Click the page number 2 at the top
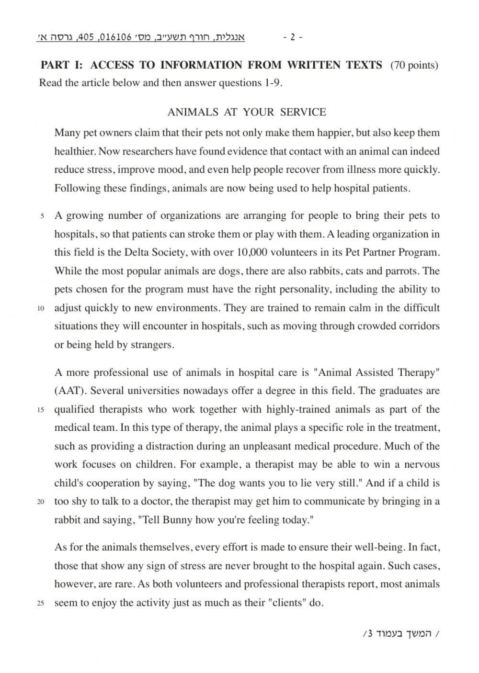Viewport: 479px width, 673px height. pyautogui.click(x=293, y=37)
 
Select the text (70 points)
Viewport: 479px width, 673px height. pyautogui.click(x=414, y=65)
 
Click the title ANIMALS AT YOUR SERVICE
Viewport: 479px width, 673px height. pyautogui.click(x=247, y=112)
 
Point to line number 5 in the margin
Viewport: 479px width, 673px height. pyautogui.click(x=42, y=216)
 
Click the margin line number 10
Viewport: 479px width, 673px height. pyautogui.click(x=41, y=308)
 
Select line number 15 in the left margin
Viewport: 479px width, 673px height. pyautogui.click(x=41, y=410)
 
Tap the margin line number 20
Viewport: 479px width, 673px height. pyautogui.click(x=41, y=502)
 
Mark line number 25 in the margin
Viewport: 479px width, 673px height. pyautogui.click(x=41, y=603)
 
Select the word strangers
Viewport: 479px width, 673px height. pyautogui.click(x=152, y=345)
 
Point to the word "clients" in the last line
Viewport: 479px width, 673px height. pyautogui.click(x=287, y=603)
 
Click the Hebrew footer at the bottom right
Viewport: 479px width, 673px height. pyautogui.click(x=401, y=634)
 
